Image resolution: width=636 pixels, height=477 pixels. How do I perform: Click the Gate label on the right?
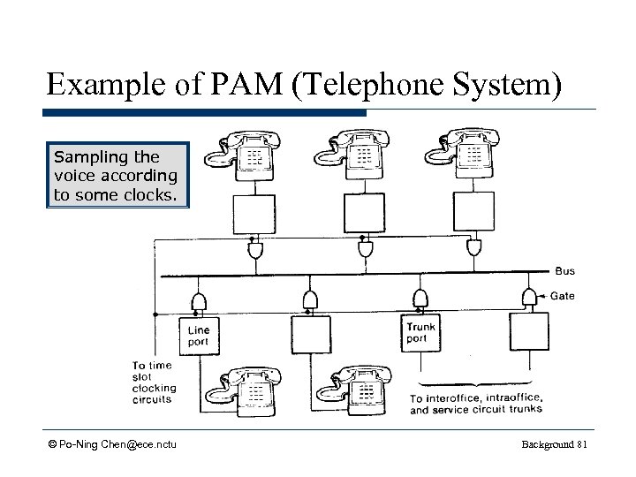(563, 296)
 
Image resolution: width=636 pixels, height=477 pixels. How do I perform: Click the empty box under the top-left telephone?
(253, 213)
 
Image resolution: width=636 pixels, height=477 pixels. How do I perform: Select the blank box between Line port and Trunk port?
(309, 334)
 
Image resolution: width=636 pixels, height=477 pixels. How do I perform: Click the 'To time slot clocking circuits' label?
(154, 382)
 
